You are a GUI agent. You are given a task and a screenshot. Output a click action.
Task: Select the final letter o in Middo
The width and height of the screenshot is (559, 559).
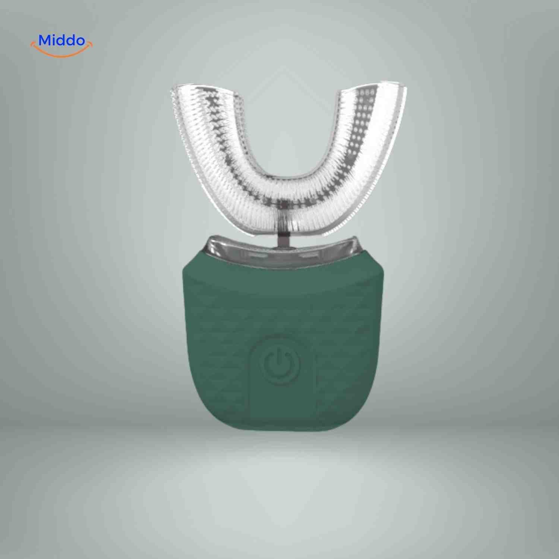79,41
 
